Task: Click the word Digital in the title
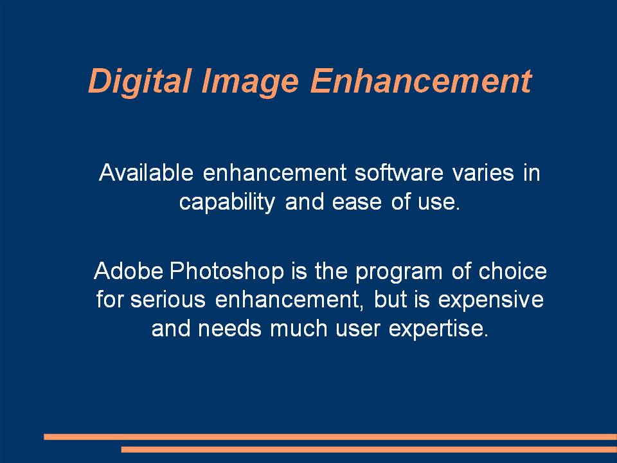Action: pos(140,82)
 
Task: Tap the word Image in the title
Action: pos(250,82)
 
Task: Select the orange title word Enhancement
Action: pos(421,81)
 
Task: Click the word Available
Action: pos(146,172)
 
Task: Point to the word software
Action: pos(398,172)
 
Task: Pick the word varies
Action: pos(483,173)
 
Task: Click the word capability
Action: pos(227,203)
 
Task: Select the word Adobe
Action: pos(129,271)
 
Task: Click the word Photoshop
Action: pos(227,272)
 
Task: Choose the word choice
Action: pos(512,271)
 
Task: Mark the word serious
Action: pos(168,300)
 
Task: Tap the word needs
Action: pos(229,329)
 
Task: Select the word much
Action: pos(299,329)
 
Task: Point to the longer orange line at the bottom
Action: pos(330,437)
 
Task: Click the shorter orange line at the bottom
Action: pos(369,449)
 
